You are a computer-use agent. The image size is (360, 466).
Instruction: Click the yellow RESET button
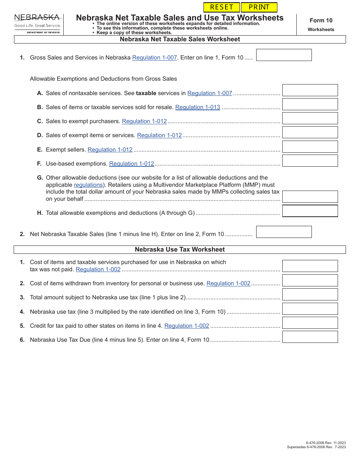(x=222, y=7)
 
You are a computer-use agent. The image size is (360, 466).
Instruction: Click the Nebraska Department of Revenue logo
(x=37, y=23)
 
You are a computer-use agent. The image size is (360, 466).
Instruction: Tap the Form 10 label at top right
(x=321, y=20)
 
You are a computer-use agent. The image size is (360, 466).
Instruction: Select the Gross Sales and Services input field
(x=284, y=55)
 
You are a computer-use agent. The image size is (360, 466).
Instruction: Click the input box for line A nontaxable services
(x=310, y=90)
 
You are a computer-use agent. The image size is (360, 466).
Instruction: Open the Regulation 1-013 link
(x=197, y=107)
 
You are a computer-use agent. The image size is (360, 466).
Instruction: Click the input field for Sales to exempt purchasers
(x=310, y=118)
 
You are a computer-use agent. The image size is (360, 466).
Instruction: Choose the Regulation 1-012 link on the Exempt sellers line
(x=110, y=150)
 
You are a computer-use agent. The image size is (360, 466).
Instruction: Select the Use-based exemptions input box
(x=310, y=161)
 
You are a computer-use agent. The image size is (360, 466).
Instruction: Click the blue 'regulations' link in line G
(x=88, y=185)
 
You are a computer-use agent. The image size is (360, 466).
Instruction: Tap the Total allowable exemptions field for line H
(x=310, y=211)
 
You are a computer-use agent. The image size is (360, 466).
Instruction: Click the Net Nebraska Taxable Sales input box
(x=284, y=232)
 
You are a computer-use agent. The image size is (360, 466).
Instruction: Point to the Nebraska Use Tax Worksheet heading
(x=180, y=250)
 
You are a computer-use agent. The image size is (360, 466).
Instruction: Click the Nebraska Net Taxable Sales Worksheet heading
(x=180, y=39)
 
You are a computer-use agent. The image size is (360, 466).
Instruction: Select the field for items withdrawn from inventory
(x=310, y=280)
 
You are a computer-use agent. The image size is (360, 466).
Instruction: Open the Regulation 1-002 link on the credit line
(x=186, y=326)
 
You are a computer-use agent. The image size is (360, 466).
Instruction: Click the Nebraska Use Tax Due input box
(x=310, y=337)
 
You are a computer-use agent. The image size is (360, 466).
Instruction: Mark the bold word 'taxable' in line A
(x=146, y=93)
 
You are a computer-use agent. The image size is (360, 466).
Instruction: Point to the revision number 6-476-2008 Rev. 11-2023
(x=326, y=443)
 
